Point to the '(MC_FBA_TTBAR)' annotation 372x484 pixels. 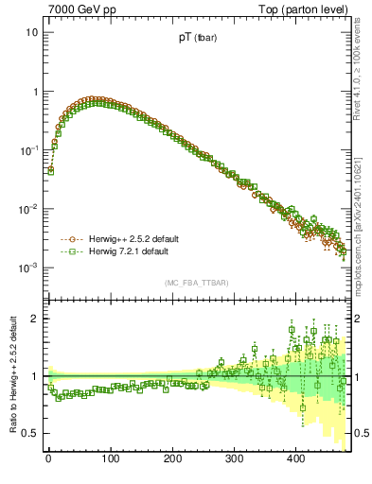(x=196, y=283)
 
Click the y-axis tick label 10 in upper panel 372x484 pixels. (x=31, y=32)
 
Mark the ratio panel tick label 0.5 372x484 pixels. (x=30, y=433)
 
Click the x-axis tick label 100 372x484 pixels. (x=110, y=458)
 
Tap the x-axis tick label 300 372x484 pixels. (x=234, y=458)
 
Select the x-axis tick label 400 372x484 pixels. (x=295, y=458)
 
